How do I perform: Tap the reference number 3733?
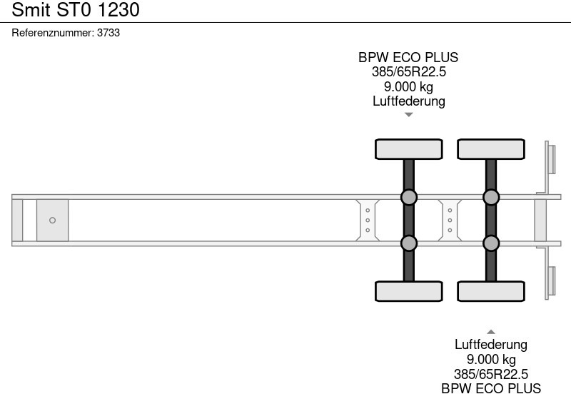(108, 33)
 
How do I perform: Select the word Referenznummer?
(53, 33)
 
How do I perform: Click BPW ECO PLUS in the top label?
(408, 58)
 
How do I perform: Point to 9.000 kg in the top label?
(408, 87)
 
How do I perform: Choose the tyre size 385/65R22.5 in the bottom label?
(491, 374)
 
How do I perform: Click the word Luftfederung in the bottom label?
(491, 345)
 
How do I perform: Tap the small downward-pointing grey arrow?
(408, 115)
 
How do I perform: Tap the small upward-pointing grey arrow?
(491, 331)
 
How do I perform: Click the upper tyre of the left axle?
(408, 148)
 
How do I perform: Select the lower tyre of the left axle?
(408, 291)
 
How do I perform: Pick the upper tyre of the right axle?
(491, 148)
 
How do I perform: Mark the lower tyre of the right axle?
(491, 291)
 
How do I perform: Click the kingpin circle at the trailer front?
(52, 221)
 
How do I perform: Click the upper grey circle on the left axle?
(408, 197)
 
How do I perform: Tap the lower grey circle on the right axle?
(491, 243)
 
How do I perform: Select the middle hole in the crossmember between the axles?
(450, 221)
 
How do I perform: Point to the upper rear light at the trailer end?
(551, 158)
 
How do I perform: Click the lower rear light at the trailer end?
(551, 282)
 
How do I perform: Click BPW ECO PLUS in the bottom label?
(491, 388)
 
